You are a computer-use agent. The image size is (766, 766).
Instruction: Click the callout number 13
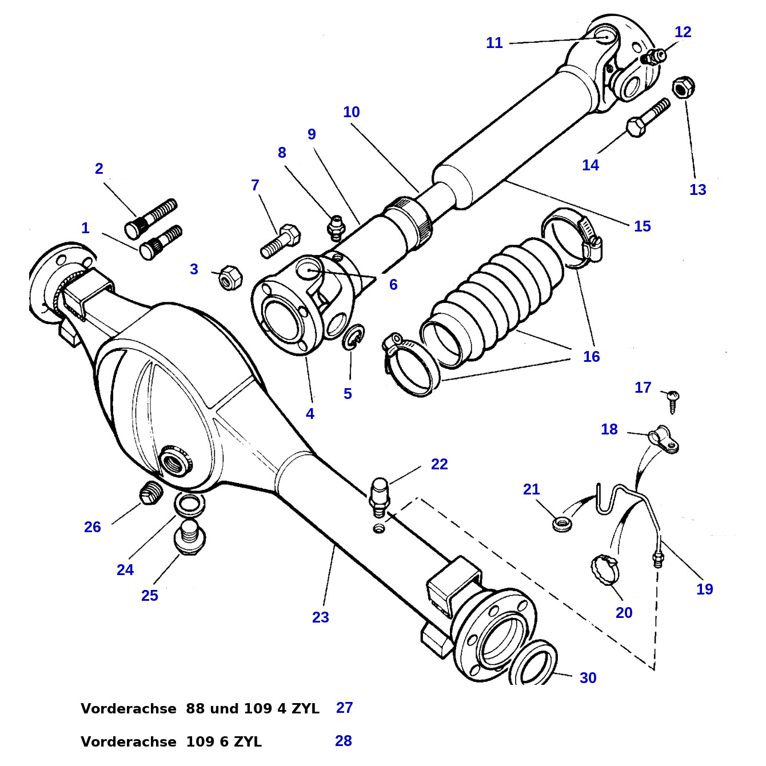697,190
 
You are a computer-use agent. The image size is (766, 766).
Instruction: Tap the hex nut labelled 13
683,87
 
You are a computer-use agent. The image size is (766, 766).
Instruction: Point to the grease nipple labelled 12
653,56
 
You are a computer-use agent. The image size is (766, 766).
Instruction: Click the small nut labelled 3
230,277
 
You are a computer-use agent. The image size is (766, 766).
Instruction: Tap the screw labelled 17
673,400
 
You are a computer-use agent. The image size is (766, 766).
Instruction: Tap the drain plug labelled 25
189,537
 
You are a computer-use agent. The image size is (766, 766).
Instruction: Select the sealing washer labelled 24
189,504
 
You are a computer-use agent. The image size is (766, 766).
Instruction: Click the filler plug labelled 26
151,493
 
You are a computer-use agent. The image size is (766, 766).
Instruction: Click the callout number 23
320,617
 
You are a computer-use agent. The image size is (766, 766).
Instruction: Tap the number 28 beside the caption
343,741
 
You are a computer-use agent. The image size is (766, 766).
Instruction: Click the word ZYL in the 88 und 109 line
305,709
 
